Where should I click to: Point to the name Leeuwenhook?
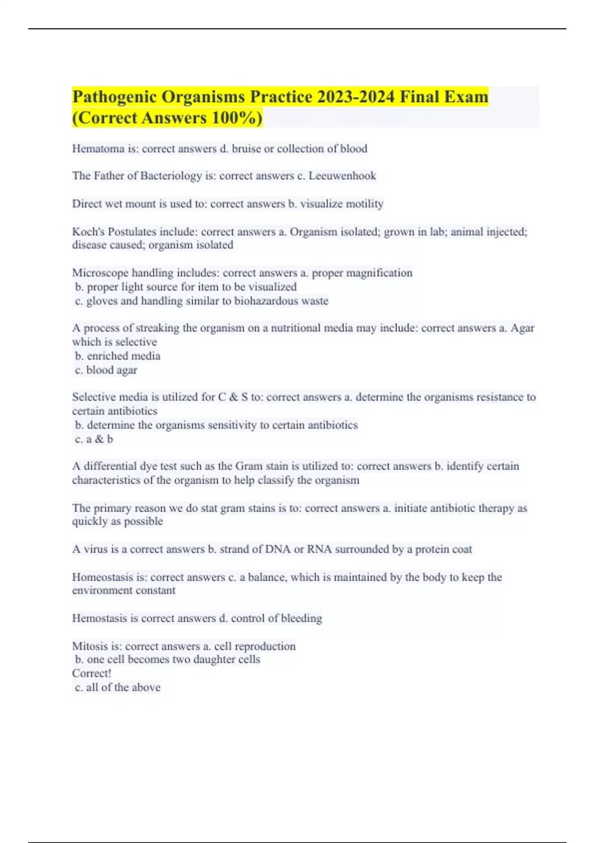coord(342,176)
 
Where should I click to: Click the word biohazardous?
coord(267,301)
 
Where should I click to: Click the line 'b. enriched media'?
coord(118,356)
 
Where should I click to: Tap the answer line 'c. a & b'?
coord(94,439)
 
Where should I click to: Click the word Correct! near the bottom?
coord(92,673)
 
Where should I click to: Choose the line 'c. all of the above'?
coord(118,687)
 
